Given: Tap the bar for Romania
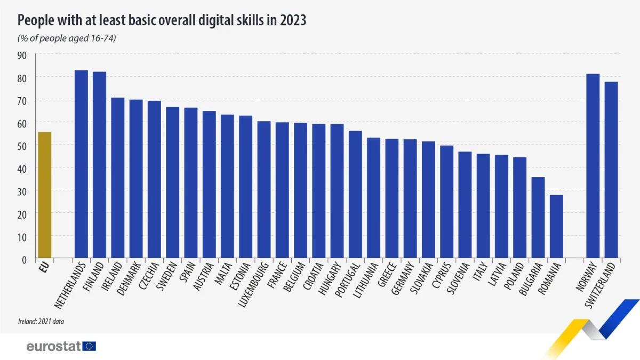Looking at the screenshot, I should click(556, 227).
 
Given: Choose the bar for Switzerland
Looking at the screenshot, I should click(611, 170).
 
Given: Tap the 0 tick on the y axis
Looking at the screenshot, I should click(25, 260).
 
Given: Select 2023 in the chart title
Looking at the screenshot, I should click(291, 20).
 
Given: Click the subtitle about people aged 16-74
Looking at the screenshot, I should click(67, 38).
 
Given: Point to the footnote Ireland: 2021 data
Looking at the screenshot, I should click(41, 322).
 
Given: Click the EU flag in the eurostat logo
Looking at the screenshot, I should click(89, 346).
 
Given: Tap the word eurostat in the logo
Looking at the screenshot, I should click(53, 347).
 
